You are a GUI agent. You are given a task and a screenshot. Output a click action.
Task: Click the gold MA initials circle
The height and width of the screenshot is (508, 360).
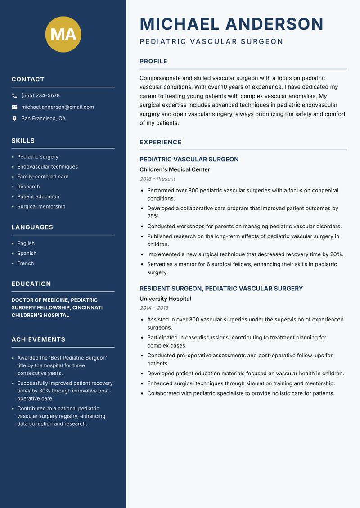[x=63, y=34]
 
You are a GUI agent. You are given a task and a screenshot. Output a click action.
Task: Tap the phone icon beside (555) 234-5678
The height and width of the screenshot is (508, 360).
[x=14, y=96]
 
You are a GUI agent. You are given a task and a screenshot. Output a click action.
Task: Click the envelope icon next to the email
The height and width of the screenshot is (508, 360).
[x=14, y=107]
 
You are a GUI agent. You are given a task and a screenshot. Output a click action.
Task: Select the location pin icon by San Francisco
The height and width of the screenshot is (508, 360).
[x=14, y=119]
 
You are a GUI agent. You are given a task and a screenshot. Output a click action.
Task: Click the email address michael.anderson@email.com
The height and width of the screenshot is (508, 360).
[x=58, y=107]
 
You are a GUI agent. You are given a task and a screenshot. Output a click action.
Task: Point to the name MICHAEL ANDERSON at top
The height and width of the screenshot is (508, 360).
[x=231, y=24]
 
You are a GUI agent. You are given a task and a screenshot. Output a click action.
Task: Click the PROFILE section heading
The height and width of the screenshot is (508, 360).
[x=153, y=62]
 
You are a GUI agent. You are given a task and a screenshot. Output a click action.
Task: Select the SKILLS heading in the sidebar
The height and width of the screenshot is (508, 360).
[x=23, y=141]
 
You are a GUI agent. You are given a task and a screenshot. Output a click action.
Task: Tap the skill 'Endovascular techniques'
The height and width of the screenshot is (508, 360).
[x=47, y=167]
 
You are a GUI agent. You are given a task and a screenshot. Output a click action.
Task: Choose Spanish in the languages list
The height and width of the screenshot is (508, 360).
[x=27, y=254]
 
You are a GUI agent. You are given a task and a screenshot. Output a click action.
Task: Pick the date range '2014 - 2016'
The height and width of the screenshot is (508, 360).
[x=153, y=308]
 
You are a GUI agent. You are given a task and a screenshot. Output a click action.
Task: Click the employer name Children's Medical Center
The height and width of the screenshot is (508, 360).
[x=175, y=169]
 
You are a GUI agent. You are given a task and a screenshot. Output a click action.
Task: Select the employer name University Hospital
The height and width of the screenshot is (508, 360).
[x=165, y=299]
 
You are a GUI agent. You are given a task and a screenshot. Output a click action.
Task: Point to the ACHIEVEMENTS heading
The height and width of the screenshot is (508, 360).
[x=38, y=339]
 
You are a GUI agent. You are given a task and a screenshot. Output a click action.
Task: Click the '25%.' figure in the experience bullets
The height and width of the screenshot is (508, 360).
[x=154, y=216]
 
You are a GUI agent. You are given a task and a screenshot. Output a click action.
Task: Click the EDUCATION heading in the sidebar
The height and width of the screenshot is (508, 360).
[x=31, y=284]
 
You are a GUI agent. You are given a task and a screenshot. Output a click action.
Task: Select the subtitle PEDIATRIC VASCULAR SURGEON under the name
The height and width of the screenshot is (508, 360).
[x=211, y=42]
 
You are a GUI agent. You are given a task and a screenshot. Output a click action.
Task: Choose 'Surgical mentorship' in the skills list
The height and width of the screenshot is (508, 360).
[x=41, y=207]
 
